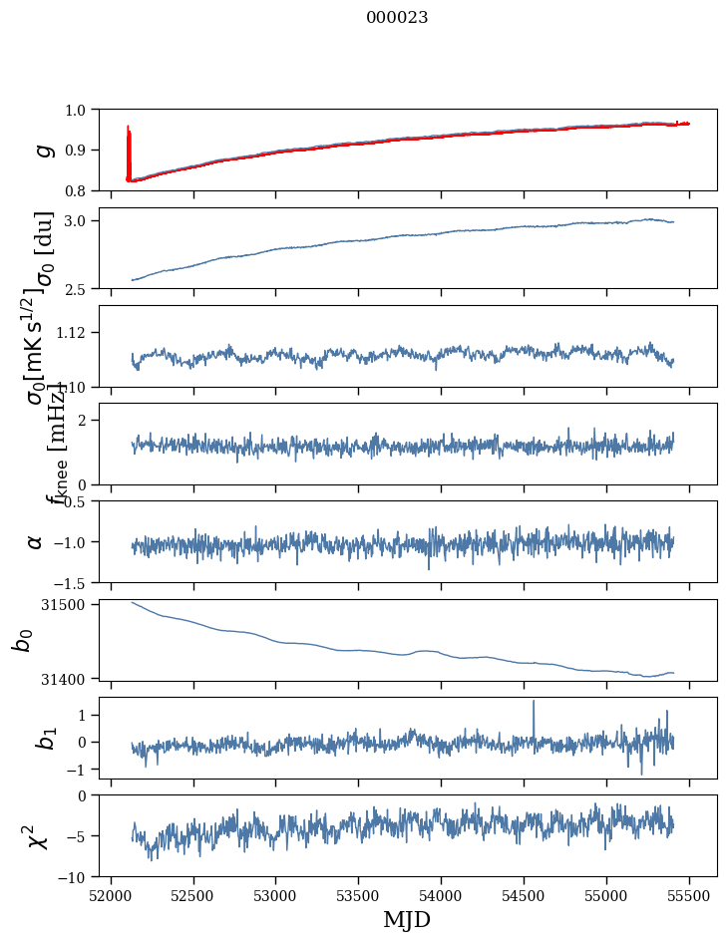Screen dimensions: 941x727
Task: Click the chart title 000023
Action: (x=397, y=17)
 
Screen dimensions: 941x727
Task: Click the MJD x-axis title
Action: (x=407, y=919)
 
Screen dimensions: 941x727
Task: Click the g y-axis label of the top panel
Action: (x=42, y=150)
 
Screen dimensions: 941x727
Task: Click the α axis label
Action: (x=36, y=541)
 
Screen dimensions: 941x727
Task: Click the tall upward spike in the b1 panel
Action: (x=534, y=703)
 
